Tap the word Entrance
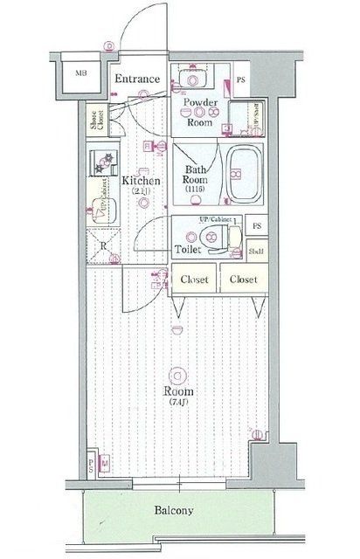(138, 79)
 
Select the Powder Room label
(199, 113)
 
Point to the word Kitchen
(140, 181)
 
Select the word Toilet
(188, 249)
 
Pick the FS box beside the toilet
(256, 227)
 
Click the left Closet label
(194, 279)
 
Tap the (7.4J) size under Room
(179, 403)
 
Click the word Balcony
(175, 511)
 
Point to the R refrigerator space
(104, 245)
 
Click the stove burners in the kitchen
(105, 162)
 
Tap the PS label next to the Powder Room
(241, 81)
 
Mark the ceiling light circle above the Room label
(179, 372)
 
